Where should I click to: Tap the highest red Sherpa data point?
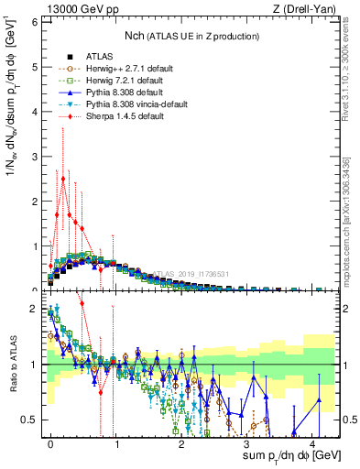(x=63, y=179)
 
